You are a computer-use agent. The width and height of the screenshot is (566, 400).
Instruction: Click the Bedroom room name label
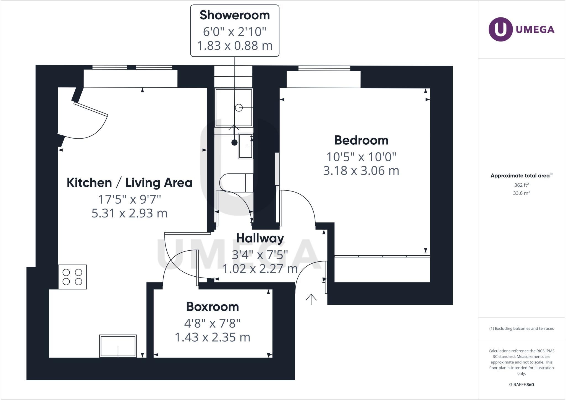[x=361, y=140]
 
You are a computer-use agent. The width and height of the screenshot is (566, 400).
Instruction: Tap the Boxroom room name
[x=213, y=307]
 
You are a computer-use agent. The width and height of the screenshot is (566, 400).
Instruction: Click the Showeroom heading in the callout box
[x=235, y=15]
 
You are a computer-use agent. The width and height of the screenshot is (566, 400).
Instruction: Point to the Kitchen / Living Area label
[x=130, y=183]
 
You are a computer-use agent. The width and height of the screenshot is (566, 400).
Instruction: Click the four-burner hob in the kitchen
[x=72, y=277]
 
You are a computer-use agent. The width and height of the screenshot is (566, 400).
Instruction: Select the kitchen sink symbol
[x=118, y=346]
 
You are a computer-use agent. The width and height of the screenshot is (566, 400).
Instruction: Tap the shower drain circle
[x=239, y=108]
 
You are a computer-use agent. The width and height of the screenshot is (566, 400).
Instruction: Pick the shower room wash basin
[x=245, y=146]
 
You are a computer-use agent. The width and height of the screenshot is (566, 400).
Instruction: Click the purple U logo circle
[x=501, y=29]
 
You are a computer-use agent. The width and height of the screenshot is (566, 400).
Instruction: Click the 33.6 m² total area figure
[x=522, y=193]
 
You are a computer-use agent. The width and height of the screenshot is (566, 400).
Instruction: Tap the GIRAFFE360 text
[x=522, y=385]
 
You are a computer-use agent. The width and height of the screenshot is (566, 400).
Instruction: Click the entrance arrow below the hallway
[x=311, y=299]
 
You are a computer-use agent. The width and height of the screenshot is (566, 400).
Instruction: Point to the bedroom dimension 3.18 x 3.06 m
[x=361, y=171]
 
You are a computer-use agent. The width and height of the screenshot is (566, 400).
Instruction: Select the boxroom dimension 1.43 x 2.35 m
[x=213, y=337]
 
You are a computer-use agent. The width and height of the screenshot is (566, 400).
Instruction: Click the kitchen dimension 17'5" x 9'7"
[x=130, y=199]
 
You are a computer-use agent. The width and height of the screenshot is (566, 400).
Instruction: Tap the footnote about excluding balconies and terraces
[x=522, y=329]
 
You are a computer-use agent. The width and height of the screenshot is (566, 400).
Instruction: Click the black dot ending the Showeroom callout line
[x=234, y=142]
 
